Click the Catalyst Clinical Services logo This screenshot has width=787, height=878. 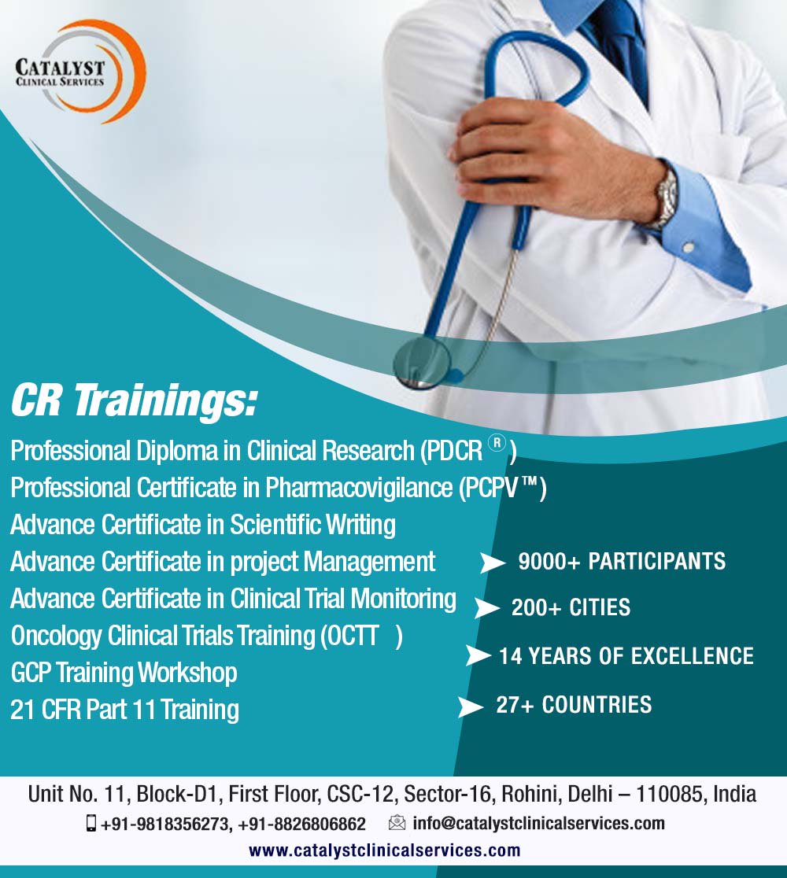tap(79, 71)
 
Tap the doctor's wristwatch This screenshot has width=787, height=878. tap(666, 197)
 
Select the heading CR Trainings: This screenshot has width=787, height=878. tap(134, 401)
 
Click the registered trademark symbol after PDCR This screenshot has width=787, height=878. tap(496, 444)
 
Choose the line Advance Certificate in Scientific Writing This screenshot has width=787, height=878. tap(203, 524)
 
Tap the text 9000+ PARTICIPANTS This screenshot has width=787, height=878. tap(622, 561)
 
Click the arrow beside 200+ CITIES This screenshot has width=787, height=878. tap(487, 608)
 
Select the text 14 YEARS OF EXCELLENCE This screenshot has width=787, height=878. tap(626, 655)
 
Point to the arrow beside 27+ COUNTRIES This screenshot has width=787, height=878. tap(471, 706)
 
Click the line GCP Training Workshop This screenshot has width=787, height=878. tap(124, 673)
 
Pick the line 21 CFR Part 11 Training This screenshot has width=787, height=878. tap(124, 710)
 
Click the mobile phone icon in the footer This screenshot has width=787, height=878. tap(91, 824)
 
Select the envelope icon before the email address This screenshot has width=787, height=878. tap(397, 824)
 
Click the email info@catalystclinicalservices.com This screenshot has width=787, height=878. tap(538, 824)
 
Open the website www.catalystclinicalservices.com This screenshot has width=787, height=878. tap(385, 850)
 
